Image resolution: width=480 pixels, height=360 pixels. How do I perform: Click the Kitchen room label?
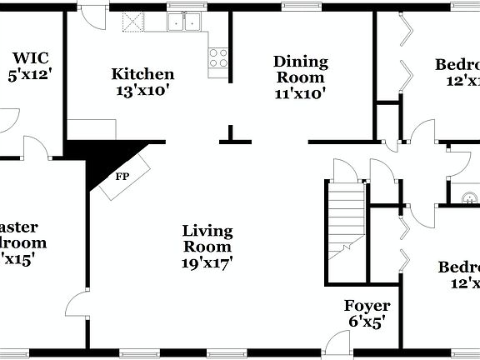(143, 74)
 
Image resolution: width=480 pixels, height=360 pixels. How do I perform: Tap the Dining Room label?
(301, 62)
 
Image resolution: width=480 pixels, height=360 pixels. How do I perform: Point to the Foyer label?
(367, 306)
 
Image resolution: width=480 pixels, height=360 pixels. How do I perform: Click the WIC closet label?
(32, 58)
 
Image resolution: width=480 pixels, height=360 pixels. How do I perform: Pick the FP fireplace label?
(122, 177)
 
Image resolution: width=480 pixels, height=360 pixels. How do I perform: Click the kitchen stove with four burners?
(218, 57)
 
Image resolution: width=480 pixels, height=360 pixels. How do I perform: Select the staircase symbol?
(345, 219)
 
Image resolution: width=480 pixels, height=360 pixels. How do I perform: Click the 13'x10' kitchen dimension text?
(143, 90)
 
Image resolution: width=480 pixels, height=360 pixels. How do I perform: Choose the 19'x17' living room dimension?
(207, 262)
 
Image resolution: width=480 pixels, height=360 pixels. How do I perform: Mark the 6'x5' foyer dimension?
(367, 322)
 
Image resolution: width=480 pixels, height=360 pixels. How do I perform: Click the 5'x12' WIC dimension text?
(30, 75)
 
